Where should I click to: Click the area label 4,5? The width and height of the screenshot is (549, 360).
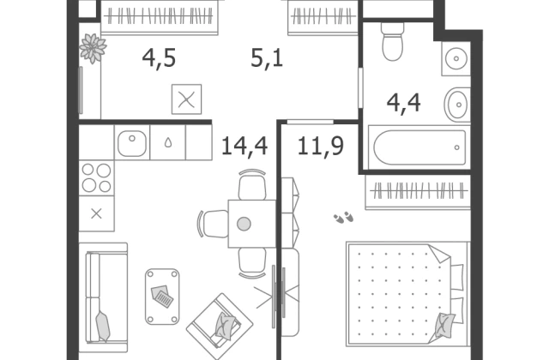159,58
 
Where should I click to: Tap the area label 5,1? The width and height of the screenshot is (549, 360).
267,58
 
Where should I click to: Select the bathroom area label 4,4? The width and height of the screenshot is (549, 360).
404,103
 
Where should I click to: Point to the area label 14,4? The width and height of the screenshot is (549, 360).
244,146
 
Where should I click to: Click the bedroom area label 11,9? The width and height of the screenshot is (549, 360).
320,146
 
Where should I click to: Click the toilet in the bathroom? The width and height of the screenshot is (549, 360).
393,41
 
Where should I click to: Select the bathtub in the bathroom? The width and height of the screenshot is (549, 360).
419,147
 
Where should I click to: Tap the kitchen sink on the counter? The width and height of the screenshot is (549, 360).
132,143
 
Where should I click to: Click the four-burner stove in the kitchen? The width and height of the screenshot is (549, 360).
96,178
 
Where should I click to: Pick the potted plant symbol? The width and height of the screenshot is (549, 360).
93,48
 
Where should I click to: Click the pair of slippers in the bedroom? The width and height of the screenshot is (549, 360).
343,217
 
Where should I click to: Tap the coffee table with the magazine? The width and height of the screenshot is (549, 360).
162,297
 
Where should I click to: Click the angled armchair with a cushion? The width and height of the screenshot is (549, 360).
220,326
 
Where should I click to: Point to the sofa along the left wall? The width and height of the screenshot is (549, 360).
103,297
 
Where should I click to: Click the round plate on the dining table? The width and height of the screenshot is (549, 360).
244,224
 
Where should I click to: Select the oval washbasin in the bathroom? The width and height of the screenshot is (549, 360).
457,105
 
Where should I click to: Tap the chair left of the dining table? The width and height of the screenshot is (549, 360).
214,224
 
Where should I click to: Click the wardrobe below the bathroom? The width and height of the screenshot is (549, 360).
418,192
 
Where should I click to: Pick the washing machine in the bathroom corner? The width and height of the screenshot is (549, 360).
455,59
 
